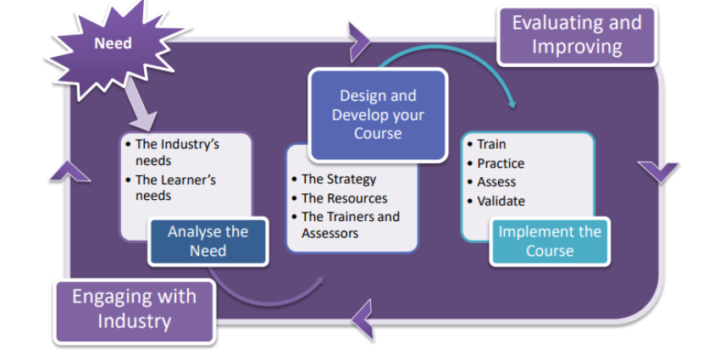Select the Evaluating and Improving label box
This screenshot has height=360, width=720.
(x=576, y=35)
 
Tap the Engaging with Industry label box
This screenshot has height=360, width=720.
(x=134, y=309)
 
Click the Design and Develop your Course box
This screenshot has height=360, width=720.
(x=377, y=115)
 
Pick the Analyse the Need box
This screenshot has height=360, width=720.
(x=208, y=241)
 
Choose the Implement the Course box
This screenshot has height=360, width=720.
(x=549, y=241)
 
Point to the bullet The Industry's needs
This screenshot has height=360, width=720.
(x=177, y=152)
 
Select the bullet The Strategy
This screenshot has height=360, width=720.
(x=338, y=179)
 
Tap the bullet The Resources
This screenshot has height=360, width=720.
(x=344, y=198)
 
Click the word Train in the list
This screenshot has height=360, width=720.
(x=491, y=145)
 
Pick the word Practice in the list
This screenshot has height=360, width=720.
(x=500, y=163)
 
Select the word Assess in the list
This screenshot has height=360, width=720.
(x=496, y=182)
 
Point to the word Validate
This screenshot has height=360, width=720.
(x=501, y=201)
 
